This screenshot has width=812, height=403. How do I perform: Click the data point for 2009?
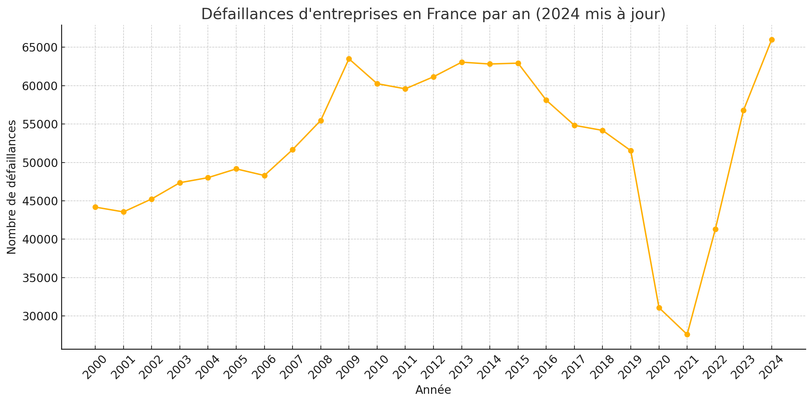349,59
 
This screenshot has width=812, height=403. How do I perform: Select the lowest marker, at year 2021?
687,334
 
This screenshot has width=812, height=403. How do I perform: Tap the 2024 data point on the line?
772,40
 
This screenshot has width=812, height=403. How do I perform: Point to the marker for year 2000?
95,207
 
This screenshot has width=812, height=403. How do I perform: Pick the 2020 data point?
659,308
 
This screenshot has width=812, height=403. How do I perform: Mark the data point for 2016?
546,100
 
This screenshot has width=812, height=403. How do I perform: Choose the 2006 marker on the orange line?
265,176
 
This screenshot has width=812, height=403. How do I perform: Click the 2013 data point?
462,62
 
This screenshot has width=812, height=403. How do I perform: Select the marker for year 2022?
715,229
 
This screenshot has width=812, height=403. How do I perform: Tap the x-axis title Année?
433,390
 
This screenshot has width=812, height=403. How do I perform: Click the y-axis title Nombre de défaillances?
12,187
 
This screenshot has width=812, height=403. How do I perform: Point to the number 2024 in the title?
559,14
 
